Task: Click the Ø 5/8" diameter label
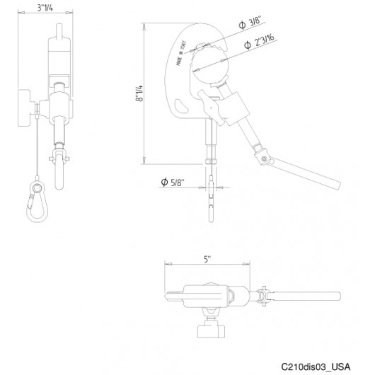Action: (x=174, y=183)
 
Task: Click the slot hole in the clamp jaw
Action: (x=181, y=108)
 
